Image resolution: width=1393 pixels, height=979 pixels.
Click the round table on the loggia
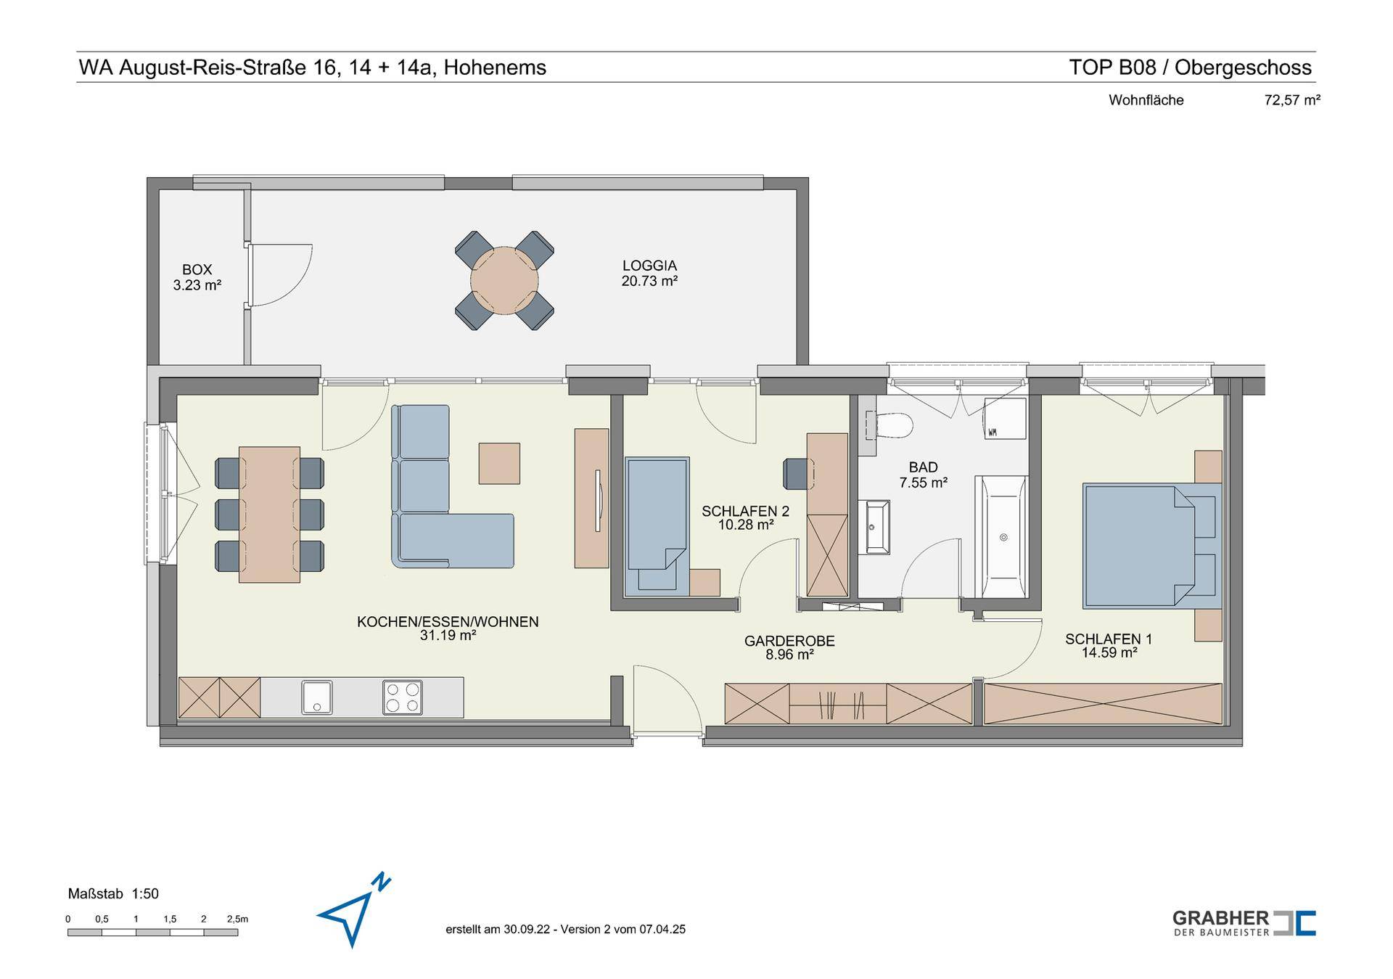coord(504,280)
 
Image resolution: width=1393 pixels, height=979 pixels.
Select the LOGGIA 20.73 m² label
coord(649,273)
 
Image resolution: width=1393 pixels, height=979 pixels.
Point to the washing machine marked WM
coord(1005,419)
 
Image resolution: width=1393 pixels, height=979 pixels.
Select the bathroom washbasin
coord(877,527)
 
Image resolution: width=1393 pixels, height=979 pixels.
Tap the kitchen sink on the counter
coord(317,697)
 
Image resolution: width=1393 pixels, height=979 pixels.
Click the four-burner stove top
coord(403,697)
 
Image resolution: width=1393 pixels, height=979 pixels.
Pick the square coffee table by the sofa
coord(499,464)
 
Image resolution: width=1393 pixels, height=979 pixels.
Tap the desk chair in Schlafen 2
coord(796,473)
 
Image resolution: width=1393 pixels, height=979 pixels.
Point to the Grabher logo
coord(1244,923)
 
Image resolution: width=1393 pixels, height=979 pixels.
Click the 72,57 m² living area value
coord(1292,100)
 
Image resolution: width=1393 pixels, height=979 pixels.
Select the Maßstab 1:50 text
coord(113,894)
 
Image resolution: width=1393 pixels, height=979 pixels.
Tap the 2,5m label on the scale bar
coord(237,919)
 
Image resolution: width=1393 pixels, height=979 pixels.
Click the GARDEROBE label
coord(789,642)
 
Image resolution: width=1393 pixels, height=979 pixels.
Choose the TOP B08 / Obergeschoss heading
coord(1190,67)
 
